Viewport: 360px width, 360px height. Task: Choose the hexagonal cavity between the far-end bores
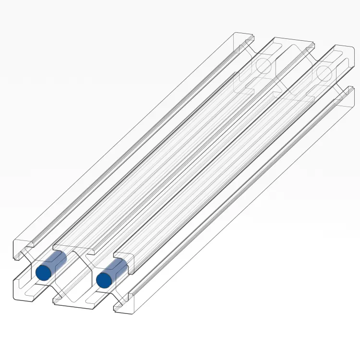click(293, 70)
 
